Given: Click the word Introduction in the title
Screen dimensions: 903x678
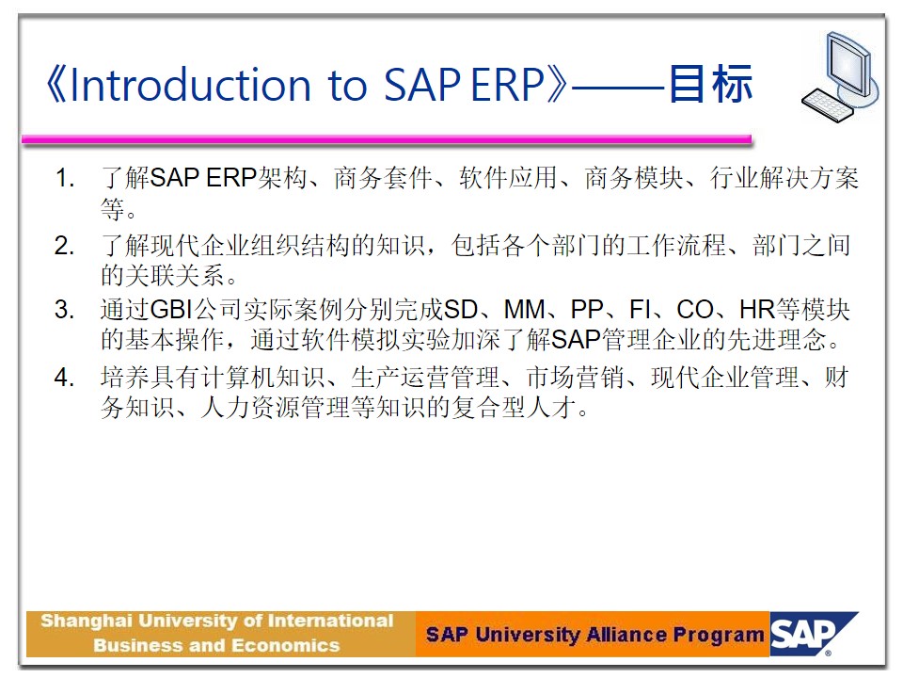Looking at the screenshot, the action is point(191,85).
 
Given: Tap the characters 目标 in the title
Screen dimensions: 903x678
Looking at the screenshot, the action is point(711,84).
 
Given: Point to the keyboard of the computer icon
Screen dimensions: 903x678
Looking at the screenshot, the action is point(828,105).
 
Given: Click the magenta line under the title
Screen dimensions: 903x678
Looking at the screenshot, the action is point(387,139).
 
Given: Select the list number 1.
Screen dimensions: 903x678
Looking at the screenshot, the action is point(64,178).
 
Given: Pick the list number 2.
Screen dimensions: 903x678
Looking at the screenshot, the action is point(64,246).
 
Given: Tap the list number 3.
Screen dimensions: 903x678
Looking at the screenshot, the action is point(64,310).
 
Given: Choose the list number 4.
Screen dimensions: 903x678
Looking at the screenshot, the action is point(64,378).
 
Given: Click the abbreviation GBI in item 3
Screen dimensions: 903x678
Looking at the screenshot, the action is point(171,310).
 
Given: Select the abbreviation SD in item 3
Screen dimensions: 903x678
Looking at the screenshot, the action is point(461,310).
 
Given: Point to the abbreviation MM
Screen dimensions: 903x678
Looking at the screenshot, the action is point(525,310).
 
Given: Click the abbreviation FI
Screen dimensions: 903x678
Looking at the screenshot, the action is point(640,310).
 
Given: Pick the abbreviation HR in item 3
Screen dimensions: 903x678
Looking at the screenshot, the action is point(757,310).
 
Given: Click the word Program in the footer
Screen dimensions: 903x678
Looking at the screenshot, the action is point(718,636).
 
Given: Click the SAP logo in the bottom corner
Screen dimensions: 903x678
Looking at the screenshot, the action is point(812,634).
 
